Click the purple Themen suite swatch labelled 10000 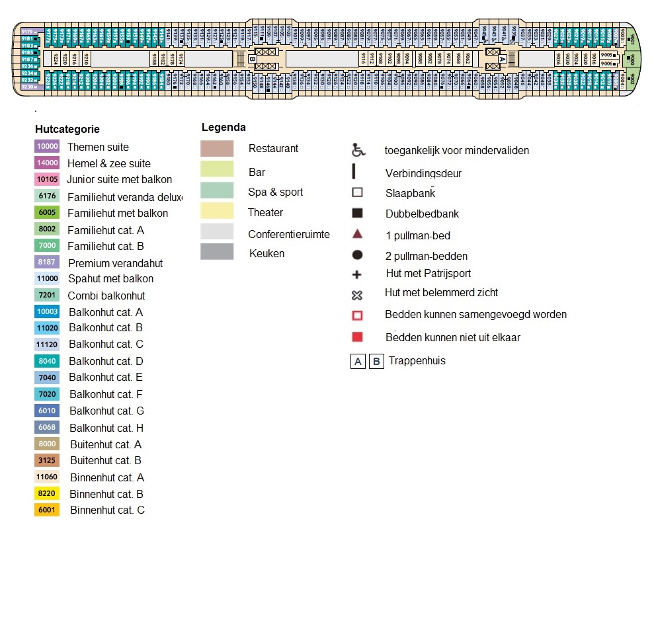pyautogui.click(x=47, y=147)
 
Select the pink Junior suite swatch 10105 pyautogui.click(x=47, y=179)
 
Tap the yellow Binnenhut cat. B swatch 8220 pyautogui.click(x=47, y=494)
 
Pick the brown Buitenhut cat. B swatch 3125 pyautogui.click(x=47, y=460)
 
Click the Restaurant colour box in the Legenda pyautogui.click(x=217, y=149)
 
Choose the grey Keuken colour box pyautogui.click(x=217, y=252)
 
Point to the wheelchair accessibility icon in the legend pyautogui.click(x=358, y=150)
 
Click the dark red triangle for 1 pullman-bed pyautogui.click(x=357, y=234)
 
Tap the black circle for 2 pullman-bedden pyautogui.click(x=357, y=255)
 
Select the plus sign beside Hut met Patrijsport pyautogui.click(x=357, y=274)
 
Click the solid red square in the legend pyautogui.click(x=357, y=337)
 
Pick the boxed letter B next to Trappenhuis pyautogui.click(x=376, y=362)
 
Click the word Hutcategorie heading pyautogui.click(x=67, y=130)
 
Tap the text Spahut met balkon pyautogui.click(x=110, y=279)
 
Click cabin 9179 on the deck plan pyautogui.click(x=28, y=32)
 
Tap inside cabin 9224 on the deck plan pyautogui.click(x=56, y=59)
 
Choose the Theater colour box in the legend pyautogui.click(x=217, y=211)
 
